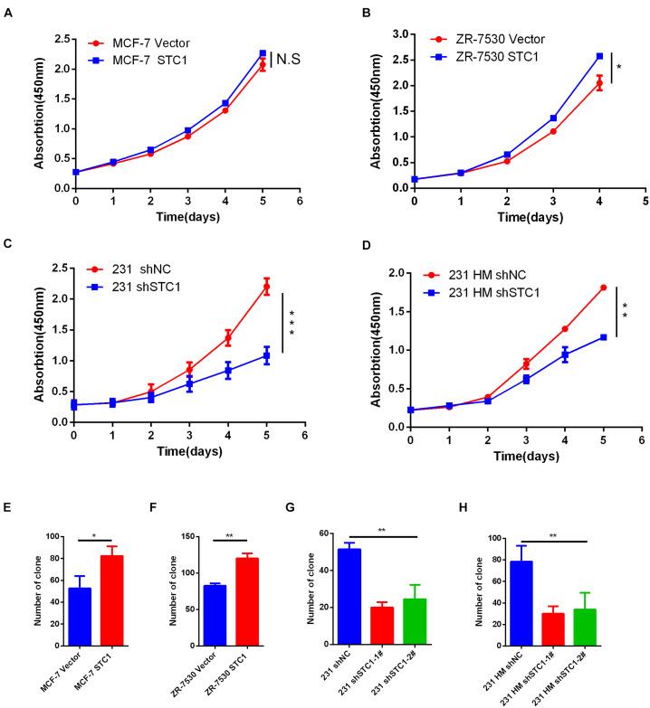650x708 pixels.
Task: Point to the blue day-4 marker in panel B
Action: pos(598,56)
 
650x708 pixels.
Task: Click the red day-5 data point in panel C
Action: pos(266,287)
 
